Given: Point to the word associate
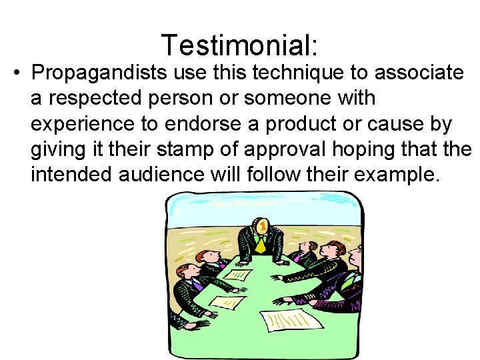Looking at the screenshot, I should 421,71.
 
